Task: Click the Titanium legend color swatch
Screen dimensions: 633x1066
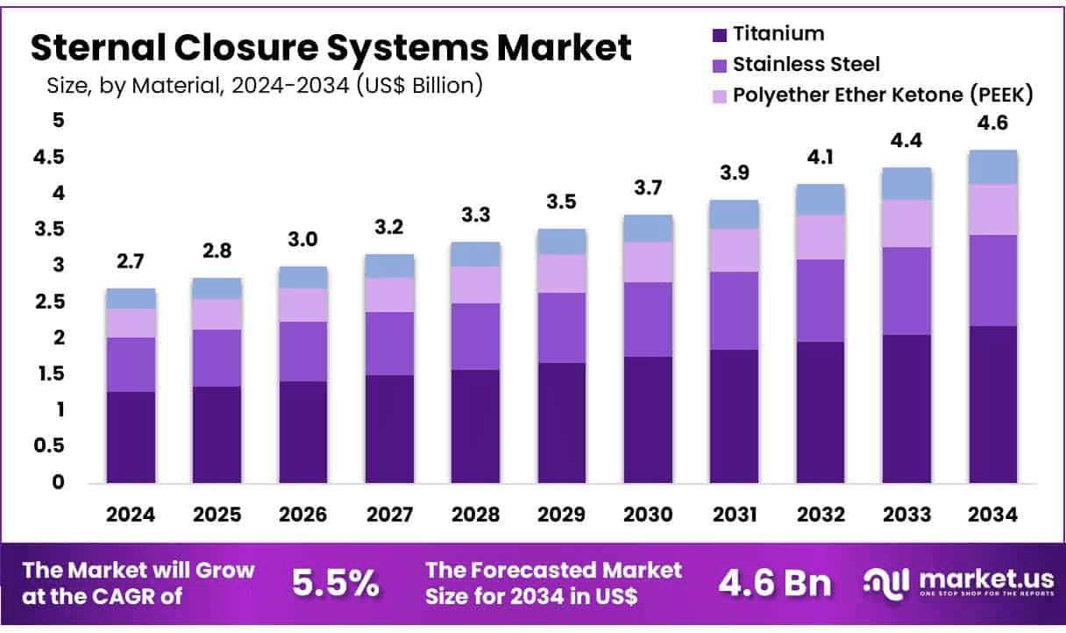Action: [720, 35]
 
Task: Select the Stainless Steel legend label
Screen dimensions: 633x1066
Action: [806, 64]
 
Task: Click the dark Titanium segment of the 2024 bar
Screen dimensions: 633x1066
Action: [131, 437]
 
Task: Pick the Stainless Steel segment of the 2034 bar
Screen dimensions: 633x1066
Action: [992, 281]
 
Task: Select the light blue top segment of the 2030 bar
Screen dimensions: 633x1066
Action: [648, 228]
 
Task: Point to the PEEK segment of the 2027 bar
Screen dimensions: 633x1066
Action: [389, 295]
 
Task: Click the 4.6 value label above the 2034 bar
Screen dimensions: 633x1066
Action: [992, 124]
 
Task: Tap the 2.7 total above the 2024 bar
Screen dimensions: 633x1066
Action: [131, 260]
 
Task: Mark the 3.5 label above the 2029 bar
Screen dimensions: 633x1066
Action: [562, 201]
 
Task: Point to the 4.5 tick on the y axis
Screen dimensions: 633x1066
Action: [48, 158]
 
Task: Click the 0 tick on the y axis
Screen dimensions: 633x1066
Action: [58, 482]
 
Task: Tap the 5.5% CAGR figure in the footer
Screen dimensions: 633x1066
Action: [334, 582]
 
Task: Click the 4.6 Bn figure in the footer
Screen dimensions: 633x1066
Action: [775, 582]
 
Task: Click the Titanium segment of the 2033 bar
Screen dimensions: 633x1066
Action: [906, 409]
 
